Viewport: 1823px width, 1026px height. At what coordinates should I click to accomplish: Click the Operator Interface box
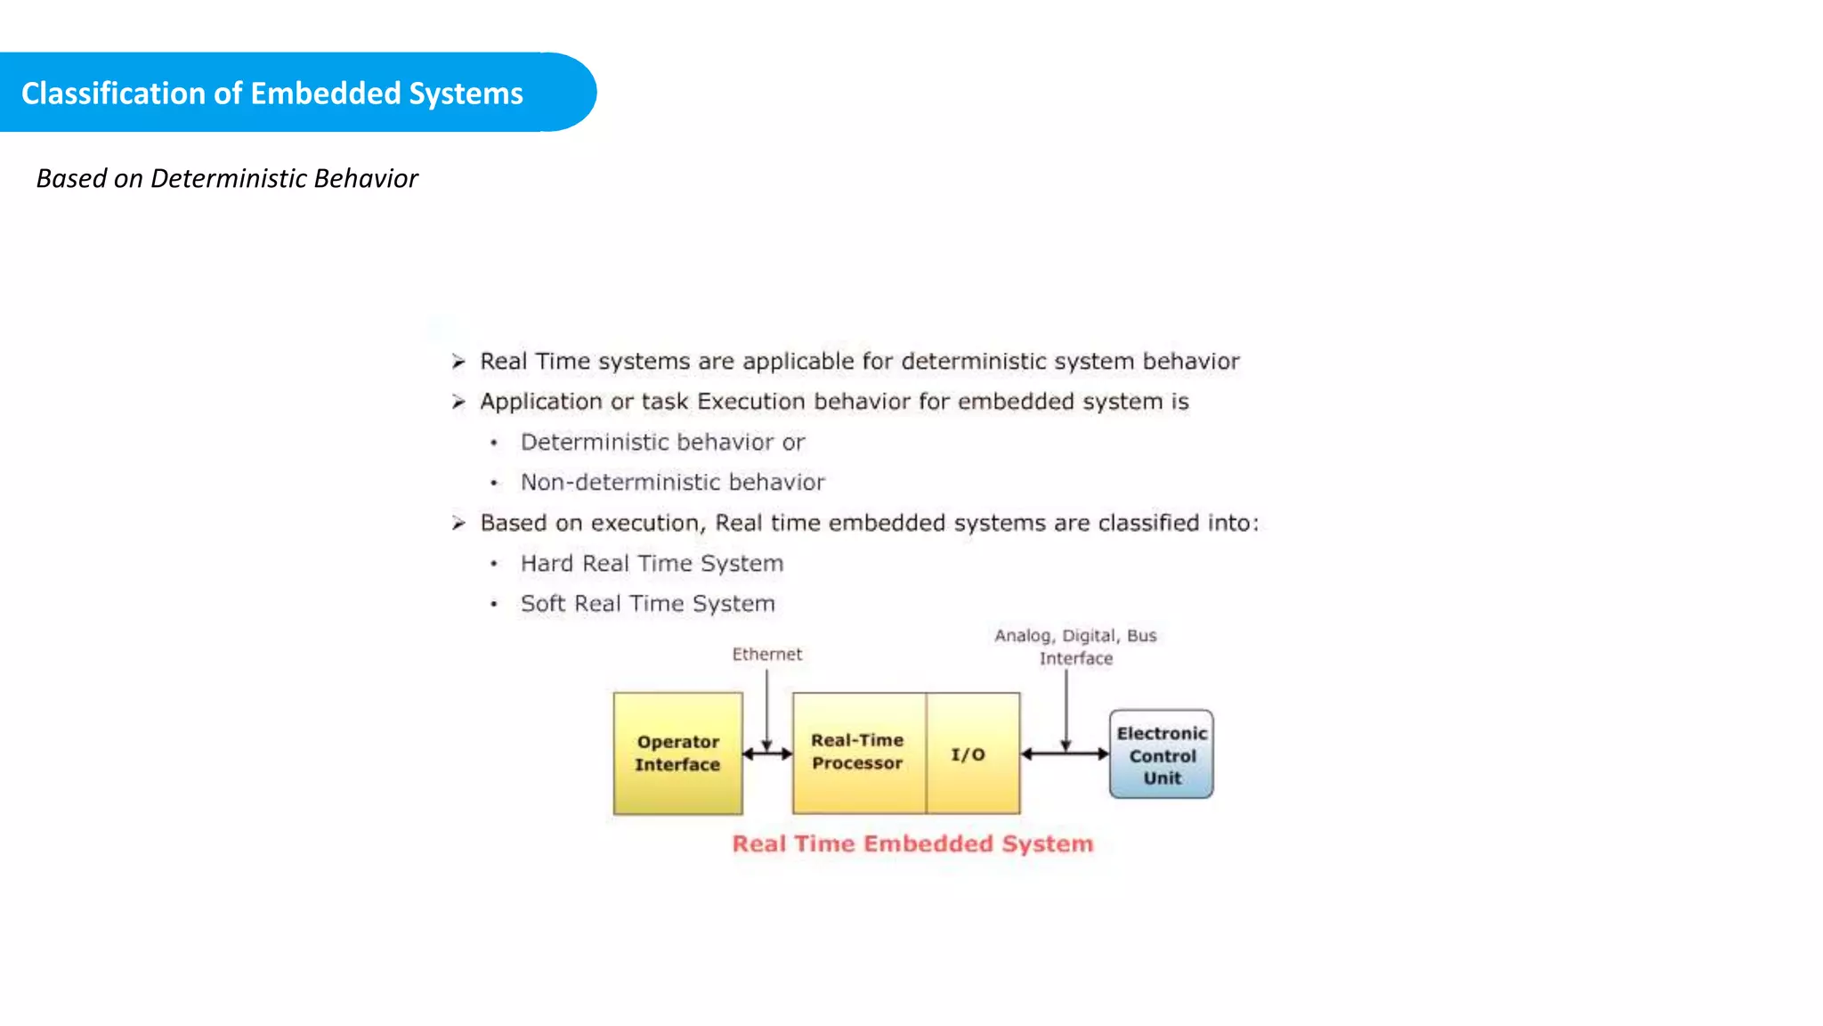coord(677,753)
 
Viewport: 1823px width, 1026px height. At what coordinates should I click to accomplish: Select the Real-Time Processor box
coord(858,753)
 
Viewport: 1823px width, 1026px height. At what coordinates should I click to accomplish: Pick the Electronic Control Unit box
coord(1161,754)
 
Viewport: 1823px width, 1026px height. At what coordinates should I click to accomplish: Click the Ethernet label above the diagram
coord(766,655)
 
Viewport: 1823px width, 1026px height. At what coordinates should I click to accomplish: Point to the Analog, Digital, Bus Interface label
coord(1075,647)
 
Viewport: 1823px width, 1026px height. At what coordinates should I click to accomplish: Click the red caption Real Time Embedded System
coord(912,843)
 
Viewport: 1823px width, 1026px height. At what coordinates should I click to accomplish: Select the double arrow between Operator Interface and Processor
coord(767,753)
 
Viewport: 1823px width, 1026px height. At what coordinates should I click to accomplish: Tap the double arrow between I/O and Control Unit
coord(1065,753)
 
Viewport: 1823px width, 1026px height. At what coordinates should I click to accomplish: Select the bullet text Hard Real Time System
coord(652,563)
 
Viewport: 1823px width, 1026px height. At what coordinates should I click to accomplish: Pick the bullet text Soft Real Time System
coord(647,603)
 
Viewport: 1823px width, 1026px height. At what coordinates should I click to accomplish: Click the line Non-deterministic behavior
coord(672,482)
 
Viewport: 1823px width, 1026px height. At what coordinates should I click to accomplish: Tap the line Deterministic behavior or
coord(662,442)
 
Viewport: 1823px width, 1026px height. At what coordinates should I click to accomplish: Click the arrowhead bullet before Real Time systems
coord(458,362)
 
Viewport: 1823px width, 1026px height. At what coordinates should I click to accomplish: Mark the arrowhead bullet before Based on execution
coord(458,523)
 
